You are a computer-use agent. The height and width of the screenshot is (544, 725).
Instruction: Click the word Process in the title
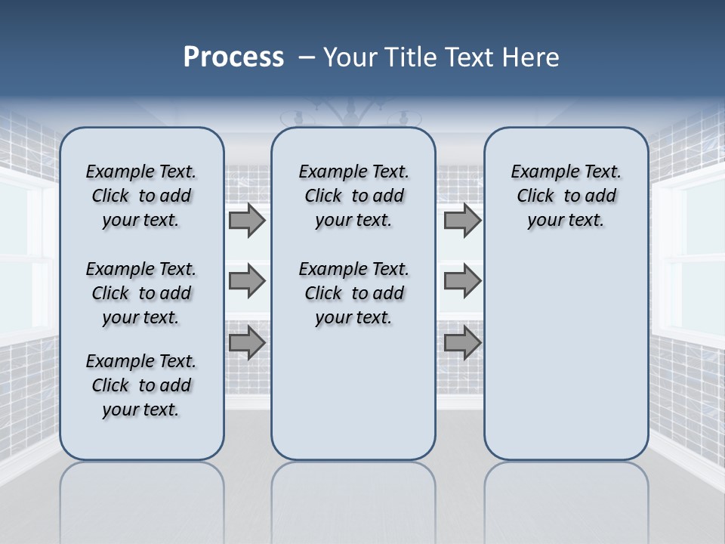233,57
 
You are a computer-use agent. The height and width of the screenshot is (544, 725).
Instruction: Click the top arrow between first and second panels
247,221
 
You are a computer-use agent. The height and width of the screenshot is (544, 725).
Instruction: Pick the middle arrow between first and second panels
247,281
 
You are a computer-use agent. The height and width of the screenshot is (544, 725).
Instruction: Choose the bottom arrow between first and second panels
247,342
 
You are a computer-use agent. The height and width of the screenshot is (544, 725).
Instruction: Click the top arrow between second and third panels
462,221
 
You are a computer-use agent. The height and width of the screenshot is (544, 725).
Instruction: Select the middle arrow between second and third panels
462,281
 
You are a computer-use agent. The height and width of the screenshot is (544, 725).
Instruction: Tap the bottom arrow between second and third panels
462,342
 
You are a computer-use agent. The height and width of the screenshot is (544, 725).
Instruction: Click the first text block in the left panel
141,196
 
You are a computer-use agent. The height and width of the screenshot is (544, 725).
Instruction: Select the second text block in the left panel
141,293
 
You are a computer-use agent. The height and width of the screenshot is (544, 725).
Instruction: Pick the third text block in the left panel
141,385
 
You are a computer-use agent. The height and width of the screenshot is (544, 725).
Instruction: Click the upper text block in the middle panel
353,196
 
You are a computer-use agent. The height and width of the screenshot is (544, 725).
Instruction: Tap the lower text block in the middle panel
353,293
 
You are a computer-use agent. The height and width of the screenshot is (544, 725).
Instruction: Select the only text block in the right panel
566,196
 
